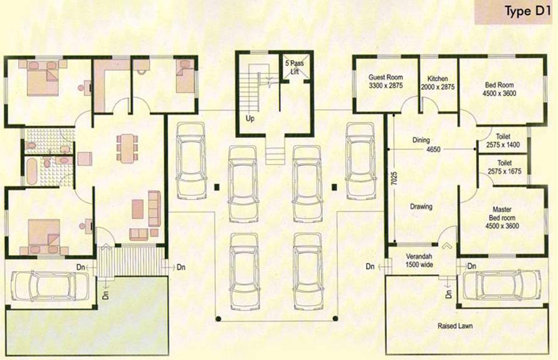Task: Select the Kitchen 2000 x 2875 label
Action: (x=438, y=82)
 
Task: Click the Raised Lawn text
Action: (x=455, y=326)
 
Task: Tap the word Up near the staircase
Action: (x=250, y=118)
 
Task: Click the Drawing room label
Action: (x=421, y=206)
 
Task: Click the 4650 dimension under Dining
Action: (x=433, y=150)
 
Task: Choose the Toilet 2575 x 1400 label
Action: (x=503, y=140)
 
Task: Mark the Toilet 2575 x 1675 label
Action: (x=503, y=166)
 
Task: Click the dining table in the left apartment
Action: (x=127, y=147)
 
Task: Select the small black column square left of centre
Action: (x=216, y=186)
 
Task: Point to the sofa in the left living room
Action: (x=154, y=205)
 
